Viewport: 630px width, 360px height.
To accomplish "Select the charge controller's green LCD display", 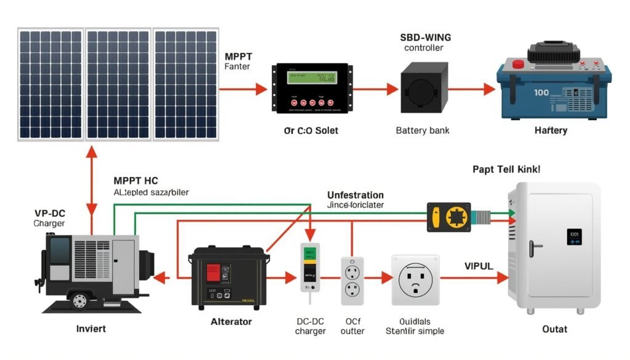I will point(312,78).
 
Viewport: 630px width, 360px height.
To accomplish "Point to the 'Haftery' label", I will point(551,130).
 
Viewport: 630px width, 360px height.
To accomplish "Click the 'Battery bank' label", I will point(422,130).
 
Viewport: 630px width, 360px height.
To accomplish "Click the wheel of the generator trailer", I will point(78,300).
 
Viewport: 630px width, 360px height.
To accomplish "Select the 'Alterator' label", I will point(231,321).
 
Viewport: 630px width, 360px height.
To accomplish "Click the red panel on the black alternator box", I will point(212,272).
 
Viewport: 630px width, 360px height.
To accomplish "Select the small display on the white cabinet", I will point(575,238).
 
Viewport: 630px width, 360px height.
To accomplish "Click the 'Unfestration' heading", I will point(355,195).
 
